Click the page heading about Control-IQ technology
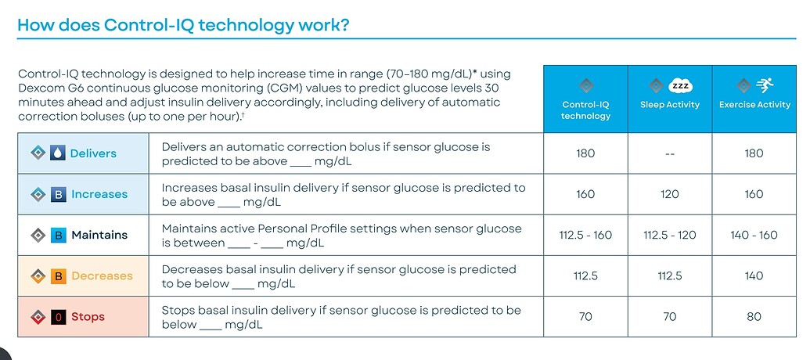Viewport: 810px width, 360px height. coord(183,25)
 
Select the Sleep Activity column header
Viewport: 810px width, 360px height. coord(669,105)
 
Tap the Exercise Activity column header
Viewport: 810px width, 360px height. coord(754,105)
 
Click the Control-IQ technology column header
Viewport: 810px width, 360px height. coord(585,110)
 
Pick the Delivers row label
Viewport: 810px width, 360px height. coord(93,153)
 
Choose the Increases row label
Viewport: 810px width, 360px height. coord(99,194)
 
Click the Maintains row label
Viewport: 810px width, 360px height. coord(99,235)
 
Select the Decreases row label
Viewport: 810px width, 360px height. coord(102,275)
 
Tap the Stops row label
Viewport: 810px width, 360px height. coord(88,317)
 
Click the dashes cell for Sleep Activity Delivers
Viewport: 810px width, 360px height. coord(670,153)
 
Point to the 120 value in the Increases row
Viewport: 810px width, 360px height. coord(670,194)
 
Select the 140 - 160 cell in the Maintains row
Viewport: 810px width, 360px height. coord(754,235)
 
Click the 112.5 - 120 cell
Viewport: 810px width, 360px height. coord(670,235)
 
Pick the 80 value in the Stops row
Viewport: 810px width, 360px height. coord(754,317)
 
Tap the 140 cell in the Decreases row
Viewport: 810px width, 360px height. coord(754,275)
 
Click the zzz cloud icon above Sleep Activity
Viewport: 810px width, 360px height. coord(679,85)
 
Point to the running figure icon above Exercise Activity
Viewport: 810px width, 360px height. coord(764,85)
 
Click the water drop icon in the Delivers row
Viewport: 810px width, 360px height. coord(58,153)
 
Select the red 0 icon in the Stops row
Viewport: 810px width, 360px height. coord(58,317)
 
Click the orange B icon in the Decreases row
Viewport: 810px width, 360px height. coord(58,275)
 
